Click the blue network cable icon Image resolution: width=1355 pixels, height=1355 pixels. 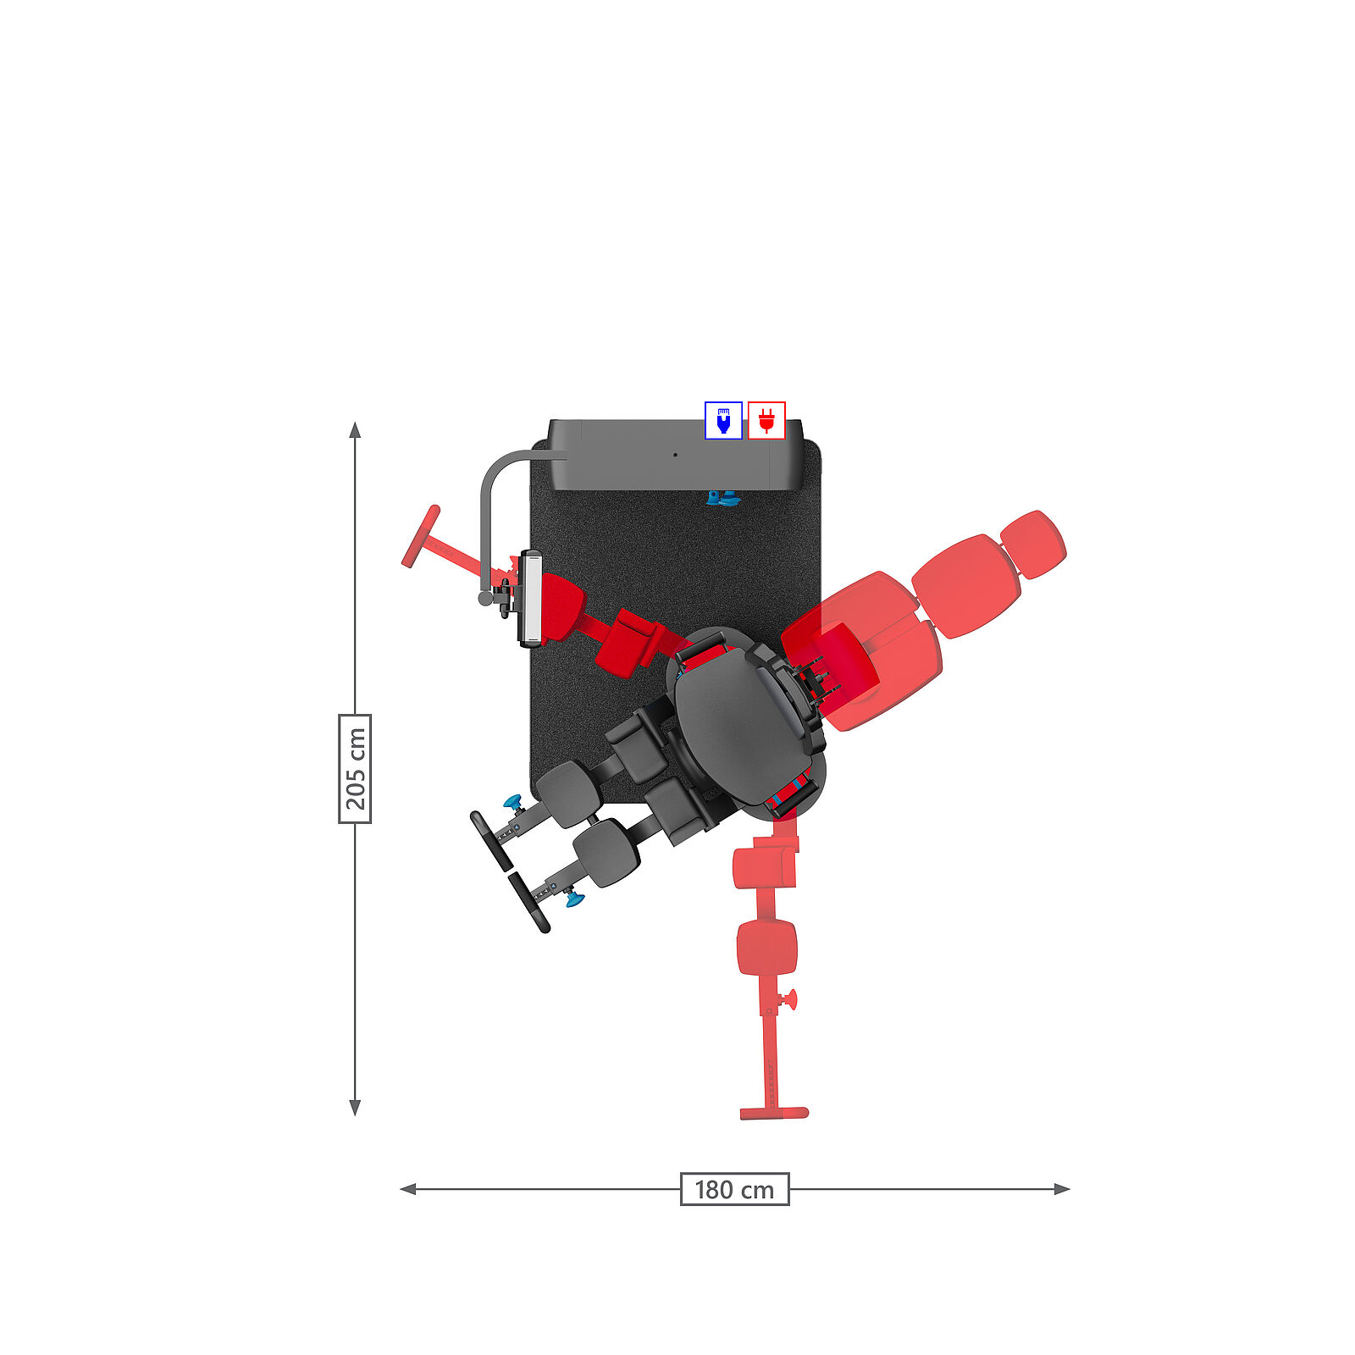pyautogui.click(x=723, y=421)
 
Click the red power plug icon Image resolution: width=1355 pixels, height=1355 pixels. pyautogui.click(x=766, y=421)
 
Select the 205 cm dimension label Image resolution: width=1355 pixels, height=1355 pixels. pyautogui.click(x=355, y=768)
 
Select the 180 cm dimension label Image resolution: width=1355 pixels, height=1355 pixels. pyautogui.click(x=734, y=1189)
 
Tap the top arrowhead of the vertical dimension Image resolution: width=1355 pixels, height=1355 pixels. pyautogui.click(x=355, y=429)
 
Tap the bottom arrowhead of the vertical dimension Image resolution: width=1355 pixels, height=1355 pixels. pyautogui.click(x=355, y=1108)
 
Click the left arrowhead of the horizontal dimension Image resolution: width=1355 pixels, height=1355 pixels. pyautogui.click(x=407, y=1189)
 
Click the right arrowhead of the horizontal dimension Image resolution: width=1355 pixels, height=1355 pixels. pyautogui.click(x=1062, y=1189)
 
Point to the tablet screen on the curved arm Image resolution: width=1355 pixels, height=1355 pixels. pyautogui.click(x=530, y=598)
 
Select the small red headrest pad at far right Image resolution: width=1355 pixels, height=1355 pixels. pyautogui.click(x=1033, y=545)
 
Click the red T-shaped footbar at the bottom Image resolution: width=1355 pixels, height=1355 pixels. pyautogui.click(x=774, y=1113)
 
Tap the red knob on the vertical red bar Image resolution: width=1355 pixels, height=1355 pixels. pyautogui.click(x=791, y=1000)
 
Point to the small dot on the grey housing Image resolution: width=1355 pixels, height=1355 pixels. pyautogui.click(x=675, y=455)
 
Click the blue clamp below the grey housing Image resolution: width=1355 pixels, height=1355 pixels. pyautogui.click(x=722, y=498)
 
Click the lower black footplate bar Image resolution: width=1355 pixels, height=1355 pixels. pyautogui.click(x=529, y=904)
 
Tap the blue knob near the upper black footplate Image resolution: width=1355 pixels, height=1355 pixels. pyautogui.click(x=512, y=801)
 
